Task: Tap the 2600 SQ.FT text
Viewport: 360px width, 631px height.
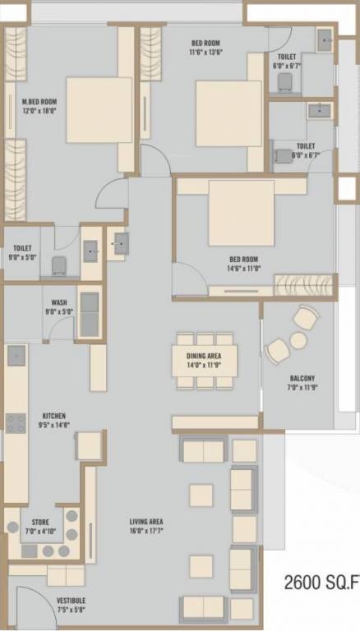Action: coord(321,584)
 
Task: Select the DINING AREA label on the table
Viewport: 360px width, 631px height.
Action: coord(205,354)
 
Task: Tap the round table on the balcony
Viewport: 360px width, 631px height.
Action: coord(298,340)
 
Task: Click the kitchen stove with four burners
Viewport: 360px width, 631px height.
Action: coord(16,422)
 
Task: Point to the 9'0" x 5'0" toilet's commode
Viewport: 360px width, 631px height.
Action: coord(58,265)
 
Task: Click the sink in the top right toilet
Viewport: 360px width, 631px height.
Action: coord(325,39)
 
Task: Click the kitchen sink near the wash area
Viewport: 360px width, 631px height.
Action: coord(16,356)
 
